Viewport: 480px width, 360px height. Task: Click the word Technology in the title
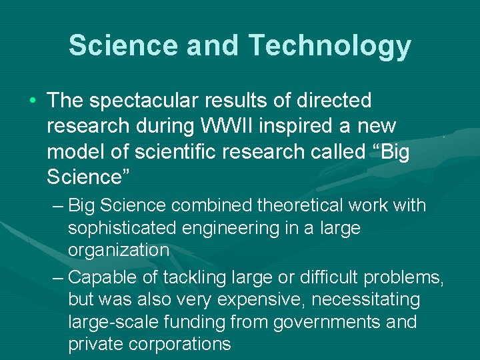(330, 45)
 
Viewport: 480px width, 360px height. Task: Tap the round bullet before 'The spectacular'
(33, 101)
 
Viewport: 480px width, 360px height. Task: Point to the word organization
(119, 251)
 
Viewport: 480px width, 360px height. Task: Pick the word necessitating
(366, 299)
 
